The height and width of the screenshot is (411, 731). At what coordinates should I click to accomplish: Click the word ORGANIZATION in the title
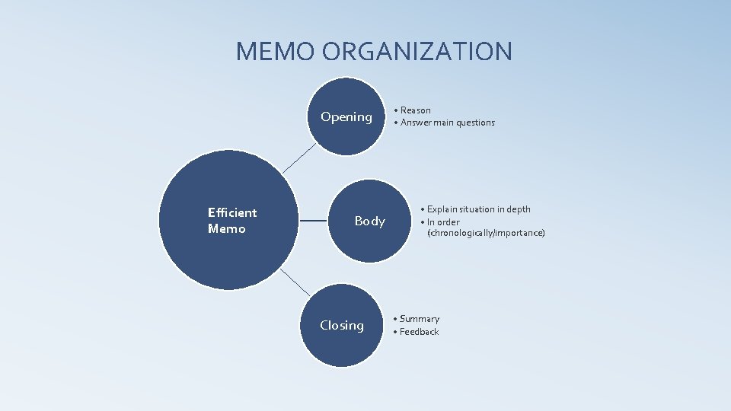point(417,52)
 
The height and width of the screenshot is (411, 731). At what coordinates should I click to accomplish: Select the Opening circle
point(347,116)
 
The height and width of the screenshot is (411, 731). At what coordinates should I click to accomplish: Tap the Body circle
point(370,221)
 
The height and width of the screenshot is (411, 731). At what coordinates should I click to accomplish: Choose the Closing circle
point(342,326)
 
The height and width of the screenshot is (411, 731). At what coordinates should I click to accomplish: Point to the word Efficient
point(232,212)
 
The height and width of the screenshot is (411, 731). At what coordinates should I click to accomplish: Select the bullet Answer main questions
point(447,123)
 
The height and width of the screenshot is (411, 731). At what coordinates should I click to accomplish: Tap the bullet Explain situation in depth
point(478,209)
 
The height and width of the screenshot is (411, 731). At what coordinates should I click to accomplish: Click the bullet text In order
point(443,222)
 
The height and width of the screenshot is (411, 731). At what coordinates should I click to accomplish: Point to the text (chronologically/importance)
point(486,233)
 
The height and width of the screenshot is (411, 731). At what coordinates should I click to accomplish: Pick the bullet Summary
point(419,319)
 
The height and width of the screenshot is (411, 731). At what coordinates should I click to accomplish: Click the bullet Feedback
point(419,332)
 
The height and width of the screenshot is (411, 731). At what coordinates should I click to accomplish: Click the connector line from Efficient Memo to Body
point(314,221)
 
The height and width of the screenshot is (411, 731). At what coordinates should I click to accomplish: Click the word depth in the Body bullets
point(519,209)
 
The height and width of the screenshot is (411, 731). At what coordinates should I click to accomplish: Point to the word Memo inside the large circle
point(226,228)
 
